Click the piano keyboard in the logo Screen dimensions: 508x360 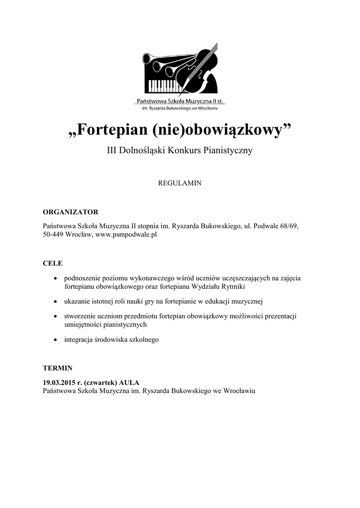click(162, 85)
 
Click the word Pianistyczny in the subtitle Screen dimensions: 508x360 click(229, 151)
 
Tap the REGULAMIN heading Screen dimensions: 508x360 click(179, 183)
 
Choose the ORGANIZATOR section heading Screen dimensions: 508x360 click(71, 212)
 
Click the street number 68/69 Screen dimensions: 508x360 click(288, 226)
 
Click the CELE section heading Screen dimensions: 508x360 click(53, 263)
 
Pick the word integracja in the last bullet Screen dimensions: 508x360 click(80, 340)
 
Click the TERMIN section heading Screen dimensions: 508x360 click(58, 368)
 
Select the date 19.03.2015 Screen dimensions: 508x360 click(60, 382)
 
